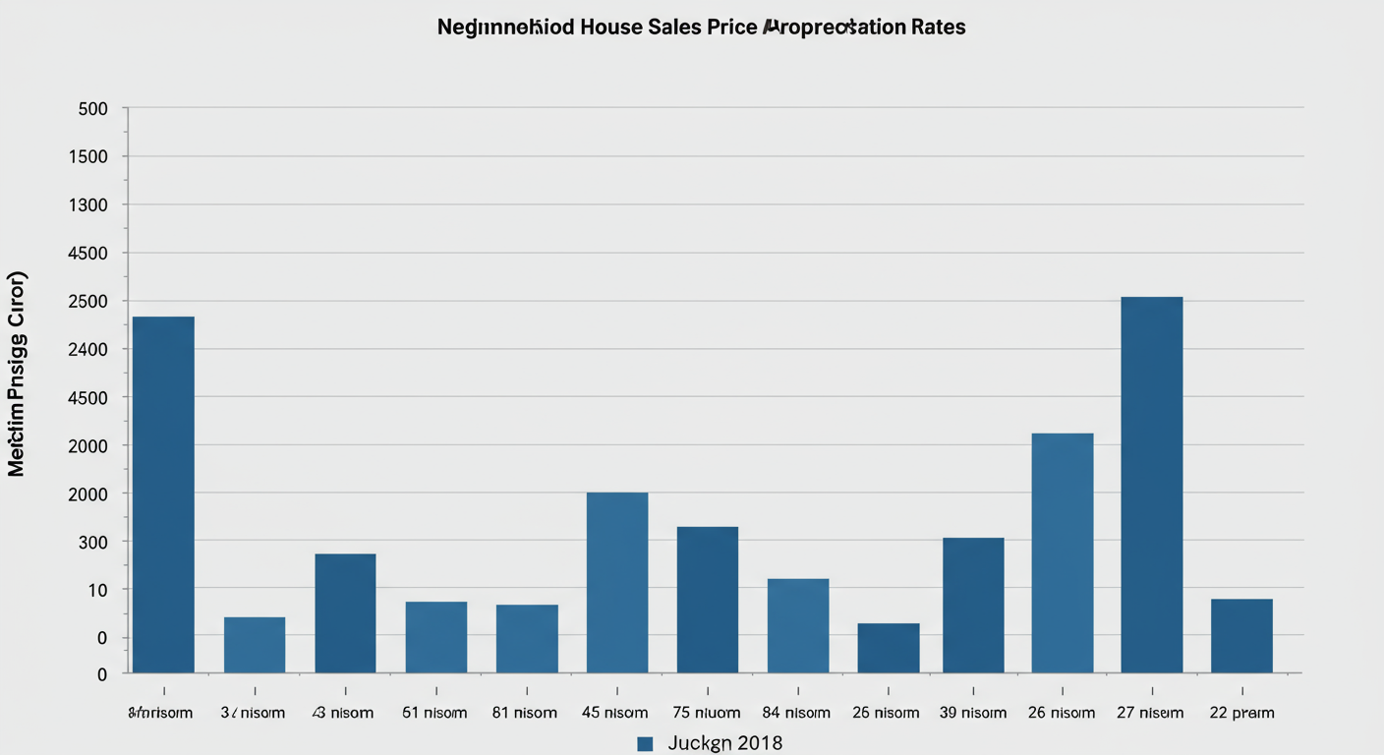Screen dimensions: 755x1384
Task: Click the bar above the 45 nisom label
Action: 617,582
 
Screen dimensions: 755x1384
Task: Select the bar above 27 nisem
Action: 1151,485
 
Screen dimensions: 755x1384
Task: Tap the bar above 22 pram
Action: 1241,635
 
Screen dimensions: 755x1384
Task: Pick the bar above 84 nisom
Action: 798,625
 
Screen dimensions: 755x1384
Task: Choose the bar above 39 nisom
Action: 973,605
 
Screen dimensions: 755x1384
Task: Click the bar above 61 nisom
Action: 436,637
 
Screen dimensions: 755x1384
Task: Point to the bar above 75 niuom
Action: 708,600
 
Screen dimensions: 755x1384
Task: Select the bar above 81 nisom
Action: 527,638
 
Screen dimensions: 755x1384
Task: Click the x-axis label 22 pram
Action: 1241,713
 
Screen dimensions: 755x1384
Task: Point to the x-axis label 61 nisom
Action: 435,713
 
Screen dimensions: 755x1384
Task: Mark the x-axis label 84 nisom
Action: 796,713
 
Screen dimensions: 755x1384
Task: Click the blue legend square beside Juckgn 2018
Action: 645,743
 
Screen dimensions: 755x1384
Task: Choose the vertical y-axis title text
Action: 17,374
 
